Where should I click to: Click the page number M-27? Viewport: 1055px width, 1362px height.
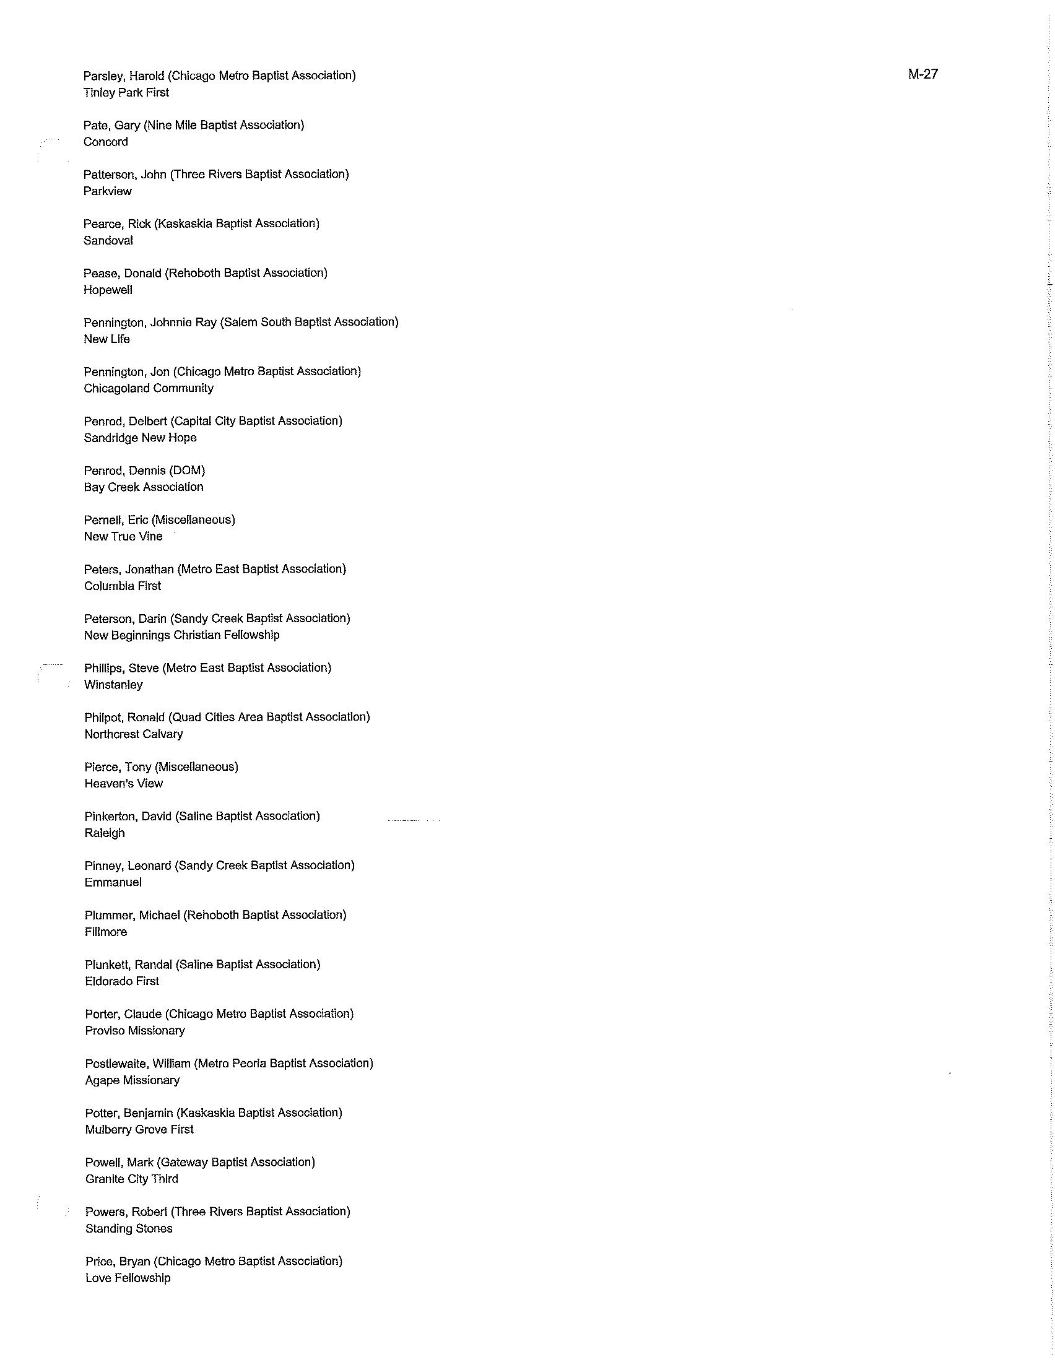tap(923, 74)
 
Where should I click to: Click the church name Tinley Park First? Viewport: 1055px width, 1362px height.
tap(126, 93)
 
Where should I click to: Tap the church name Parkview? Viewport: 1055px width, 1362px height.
tap(107, 191)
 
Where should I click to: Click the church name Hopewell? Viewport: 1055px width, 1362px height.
tap(108, 290)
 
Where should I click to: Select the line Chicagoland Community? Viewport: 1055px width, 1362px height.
tap(149, 389)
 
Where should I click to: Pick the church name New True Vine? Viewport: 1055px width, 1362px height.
tap(123, 536)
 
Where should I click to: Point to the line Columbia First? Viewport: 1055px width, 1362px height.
tap(122, 586)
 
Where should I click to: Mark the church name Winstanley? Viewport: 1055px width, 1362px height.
tap(113, 685)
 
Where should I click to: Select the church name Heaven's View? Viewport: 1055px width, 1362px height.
tap(123, 784)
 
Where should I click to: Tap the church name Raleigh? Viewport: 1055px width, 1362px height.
tap(105, 833)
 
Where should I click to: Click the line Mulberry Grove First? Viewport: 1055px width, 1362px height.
tap(139, 1129)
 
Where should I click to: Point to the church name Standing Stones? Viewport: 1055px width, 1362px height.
tap(128, 1228)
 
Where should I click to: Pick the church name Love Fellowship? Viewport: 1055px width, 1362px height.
tap(128, 1278)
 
